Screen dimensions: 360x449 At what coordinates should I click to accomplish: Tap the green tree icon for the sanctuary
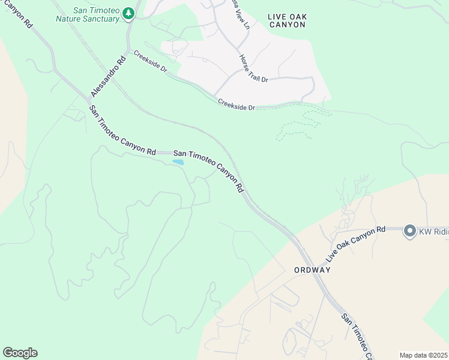pos(128,13)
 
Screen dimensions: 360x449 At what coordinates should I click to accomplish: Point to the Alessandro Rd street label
pos(108,76)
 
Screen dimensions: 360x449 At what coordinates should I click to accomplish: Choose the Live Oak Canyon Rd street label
pos(355,244)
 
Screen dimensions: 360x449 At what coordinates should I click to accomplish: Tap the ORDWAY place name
pos(313,270)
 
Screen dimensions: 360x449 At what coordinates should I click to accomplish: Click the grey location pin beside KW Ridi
pos(410,231)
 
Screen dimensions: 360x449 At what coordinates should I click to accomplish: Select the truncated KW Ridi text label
pos(433,231)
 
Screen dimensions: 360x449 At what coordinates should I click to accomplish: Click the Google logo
pos(20,353)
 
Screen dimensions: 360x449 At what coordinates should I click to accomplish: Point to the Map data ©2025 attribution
pos(424,355)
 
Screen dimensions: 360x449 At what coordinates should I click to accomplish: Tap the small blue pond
pos(178,161)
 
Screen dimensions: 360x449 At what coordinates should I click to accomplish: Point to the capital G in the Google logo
pos(7,353)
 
